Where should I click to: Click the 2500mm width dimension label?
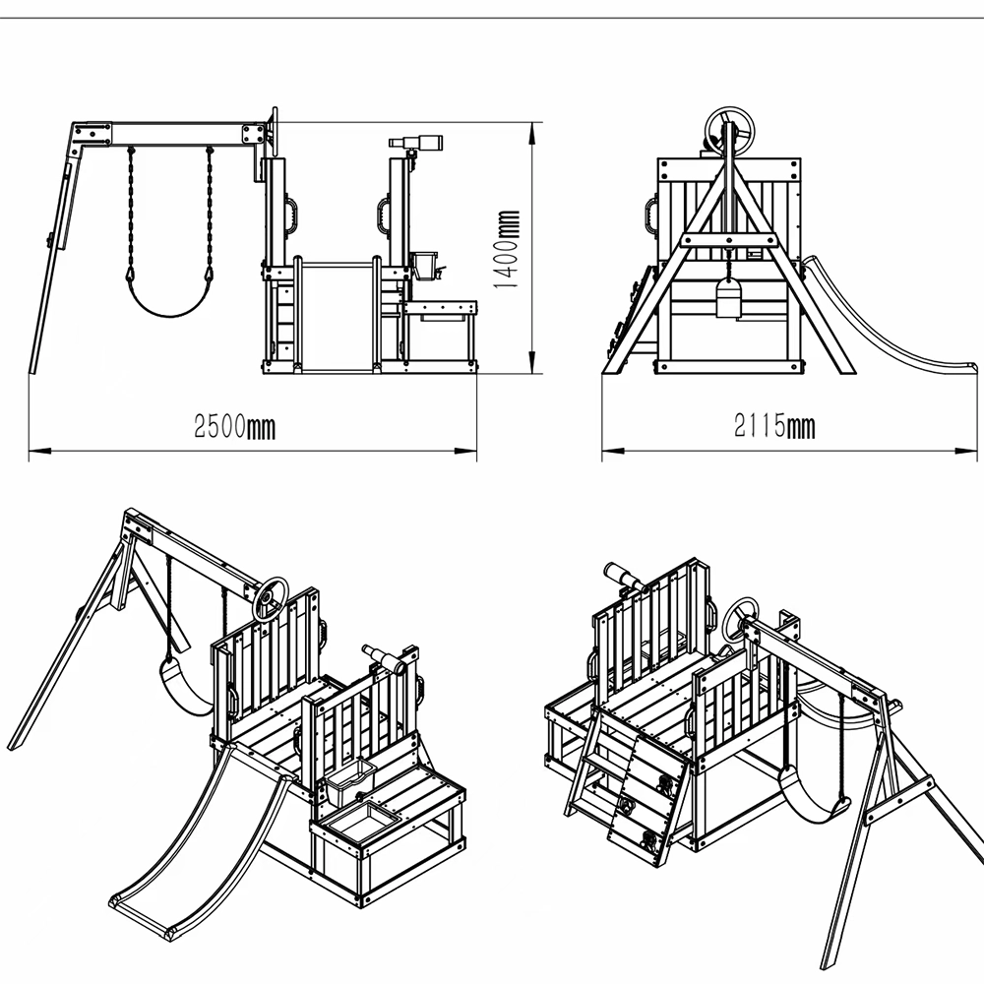point(234,427)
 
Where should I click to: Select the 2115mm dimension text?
point(774,426)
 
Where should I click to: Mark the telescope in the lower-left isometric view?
point(387,660)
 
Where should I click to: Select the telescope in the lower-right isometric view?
point(623,578)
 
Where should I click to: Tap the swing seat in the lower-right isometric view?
point(810,796)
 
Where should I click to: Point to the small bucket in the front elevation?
point(423,265)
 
